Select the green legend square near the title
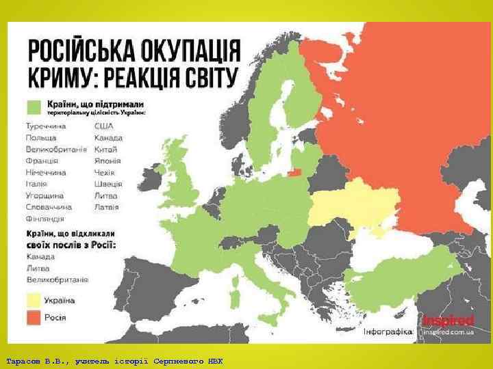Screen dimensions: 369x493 coord(34,107)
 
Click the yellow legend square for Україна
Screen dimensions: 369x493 coord(34,300)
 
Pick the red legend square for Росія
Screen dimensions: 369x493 coord(34,317)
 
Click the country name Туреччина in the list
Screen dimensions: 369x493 coord(46,126)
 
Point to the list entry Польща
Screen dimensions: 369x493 coord(41,137)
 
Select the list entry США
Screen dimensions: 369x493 coord(104,126)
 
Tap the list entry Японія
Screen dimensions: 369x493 coord(108,161)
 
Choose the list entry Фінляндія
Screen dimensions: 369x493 coord(45,219)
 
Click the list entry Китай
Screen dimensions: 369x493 coord(106,149)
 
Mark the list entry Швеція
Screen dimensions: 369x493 coord(108,184)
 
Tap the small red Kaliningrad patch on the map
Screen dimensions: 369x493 coord(294,172)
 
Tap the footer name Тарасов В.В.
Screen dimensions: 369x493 coord(34,360)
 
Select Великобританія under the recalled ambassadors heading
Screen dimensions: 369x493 coord(57,279)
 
